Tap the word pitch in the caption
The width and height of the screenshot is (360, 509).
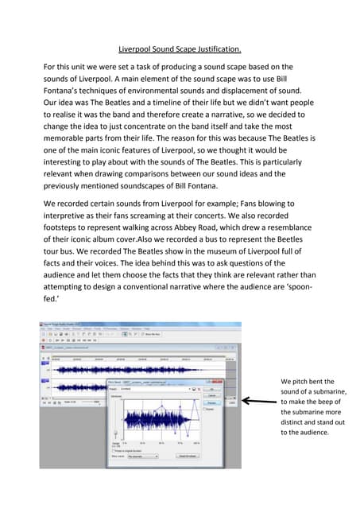306,381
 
